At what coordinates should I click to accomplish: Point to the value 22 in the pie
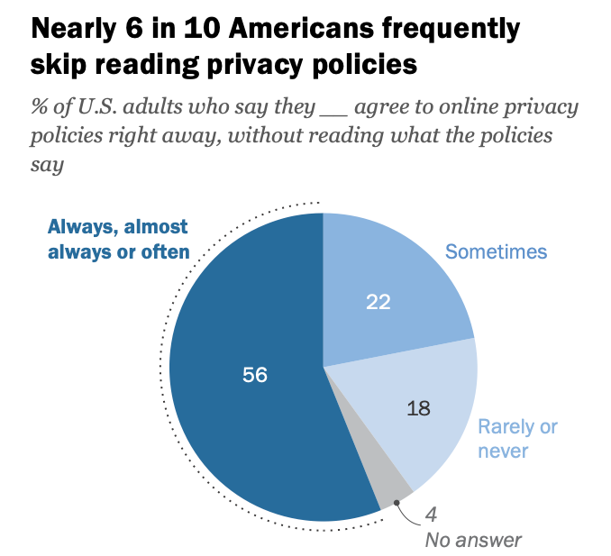[x=378, y=303]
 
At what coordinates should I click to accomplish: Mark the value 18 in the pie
[x=417, y=407]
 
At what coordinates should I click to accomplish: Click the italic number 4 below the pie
[x=431, y=516]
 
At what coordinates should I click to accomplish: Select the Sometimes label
[x=497, y=251]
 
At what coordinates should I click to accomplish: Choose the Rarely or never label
[x=516, y=438]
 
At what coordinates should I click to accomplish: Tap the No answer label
[x=473, y=541]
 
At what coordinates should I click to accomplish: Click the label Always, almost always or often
[x=118, y=239]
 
